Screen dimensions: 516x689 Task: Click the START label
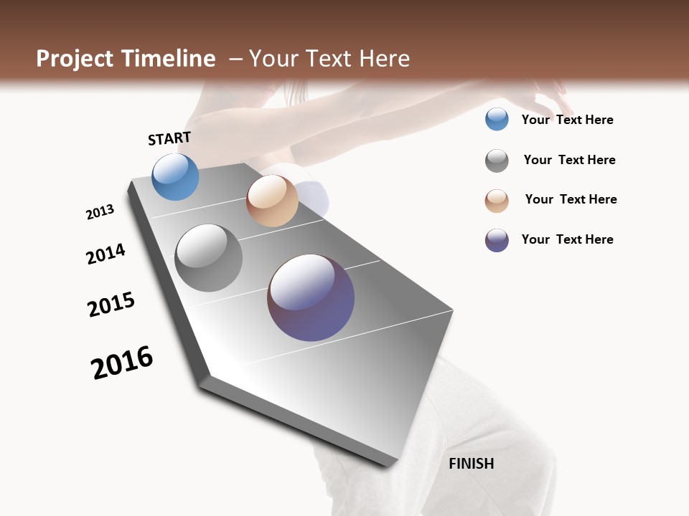click(169, 138)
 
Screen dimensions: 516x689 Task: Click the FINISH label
click(471, 464)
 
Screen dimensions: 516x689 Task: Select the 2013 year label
click(100, 212)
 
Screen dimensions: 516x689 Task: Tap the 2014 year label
click(106, 254)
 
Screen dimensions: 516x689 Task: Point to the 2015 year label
click(111, 305)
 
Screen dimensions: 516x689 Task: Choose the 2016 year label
click(122, 363)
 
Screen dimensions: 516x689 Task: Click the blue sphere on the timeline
click(175, 176)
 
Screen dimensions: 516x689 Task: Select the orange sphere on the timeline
click(272, 201)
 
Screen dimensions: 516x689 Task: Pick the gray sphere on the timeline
click(209, 258)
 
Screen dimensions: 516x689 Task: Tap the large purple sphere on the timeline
click(311, 297)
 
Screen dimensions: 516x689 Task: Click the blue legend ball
click(497, 119)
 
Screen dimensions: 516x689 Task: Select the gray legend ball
click(497, 161)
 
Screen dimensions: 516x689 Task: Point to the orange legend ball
click(497, 201)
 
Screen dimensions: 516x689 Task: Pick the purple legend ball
click(497, 240)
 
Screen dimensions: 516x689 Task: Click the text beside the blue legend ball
click(567, 120)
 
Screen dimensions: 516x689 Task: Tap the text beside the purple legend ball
click(567, 239)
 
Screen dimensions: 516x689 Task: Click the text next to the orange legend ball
click(571, 199)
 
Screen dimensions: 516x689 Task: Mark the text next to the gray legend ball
click(569, 160)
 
